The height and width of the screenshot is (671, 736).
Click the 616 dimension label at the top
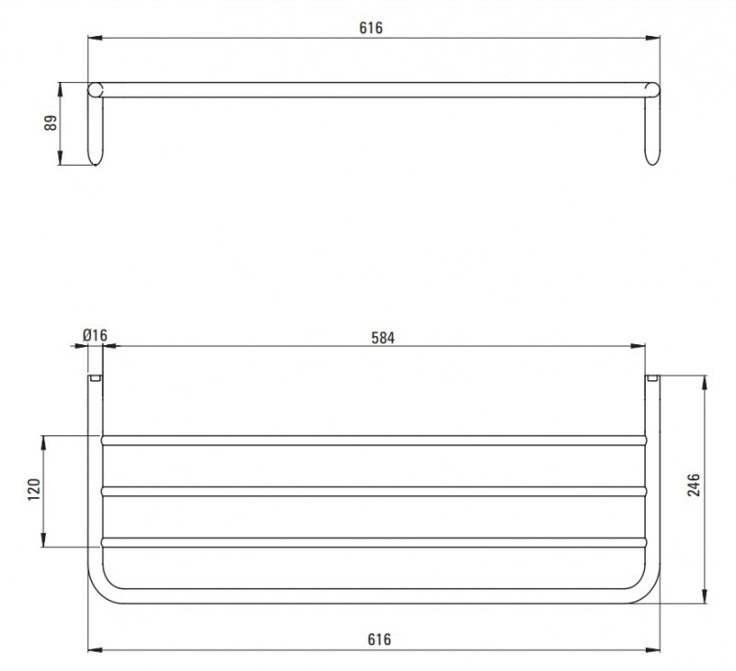[371, 28]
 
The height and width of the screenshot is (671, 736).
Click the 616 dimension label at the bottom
[379, 639]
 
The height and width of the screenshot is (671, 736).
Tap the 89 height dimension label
[51, 123]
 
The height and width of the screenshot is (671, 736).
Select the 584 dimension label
[383, 338]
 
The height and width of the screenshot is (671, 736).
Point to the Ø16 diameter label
[95, 335]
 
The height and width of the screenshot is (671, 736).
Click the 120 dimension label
[34, 490]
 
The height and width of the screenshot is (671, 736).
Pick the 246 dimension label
[694, 485]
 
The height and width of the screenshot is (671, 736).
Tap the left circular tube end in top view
[96, 89]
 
